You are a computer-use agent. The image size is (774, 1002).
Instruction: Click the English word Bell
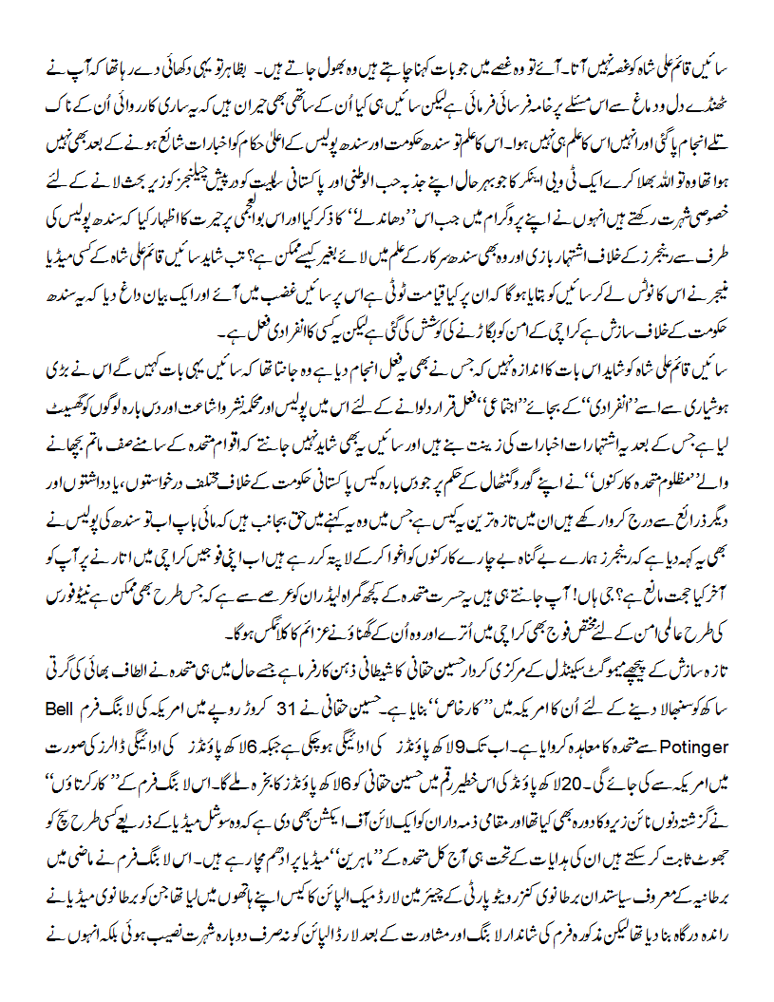732,709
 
